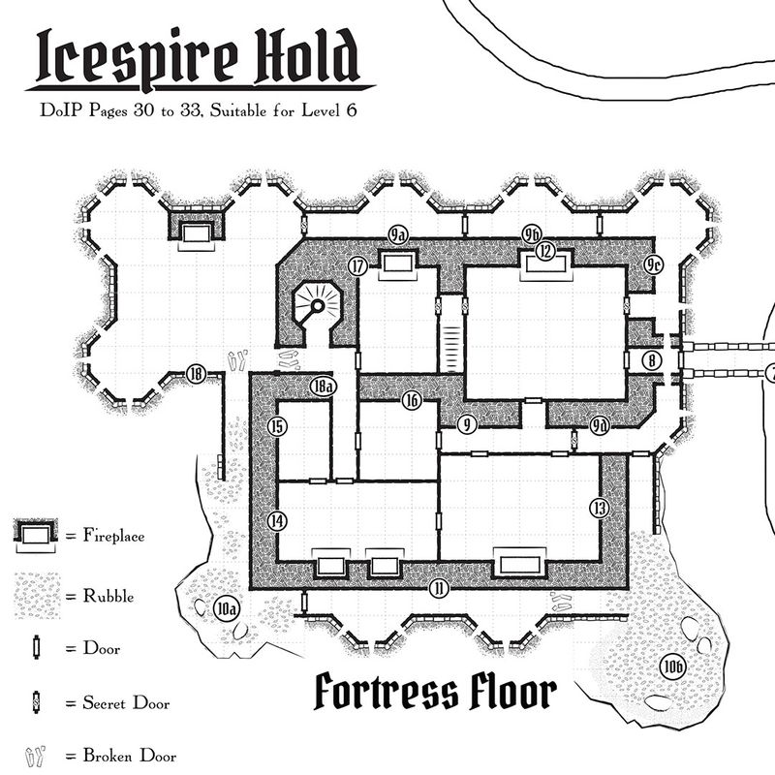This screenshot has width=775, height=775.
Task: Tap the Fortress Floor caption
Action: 435,693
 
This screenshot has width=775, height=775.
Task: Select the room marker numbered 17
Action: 358,266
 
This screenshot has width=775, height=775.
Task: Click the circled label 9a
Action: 397,234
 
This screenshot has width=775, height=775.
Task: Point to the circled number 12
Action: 545,252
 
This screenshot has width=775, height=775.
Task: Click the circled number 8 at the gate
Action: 653,360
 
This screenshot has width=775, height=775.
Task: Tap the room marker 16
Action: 413,399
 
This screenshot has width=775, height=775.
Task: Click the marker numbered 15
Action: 278,426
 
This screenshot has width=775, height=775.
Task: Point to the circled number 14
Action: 278,521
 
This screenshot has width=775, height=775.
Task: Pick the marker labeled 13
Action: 600,508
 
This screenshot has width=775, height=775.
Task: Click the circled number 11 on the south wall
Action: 439,588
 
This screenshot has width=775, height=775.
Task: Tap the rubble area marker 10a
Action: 227,609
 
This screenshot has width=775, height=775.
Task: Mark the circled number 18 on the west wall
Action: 197,374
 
